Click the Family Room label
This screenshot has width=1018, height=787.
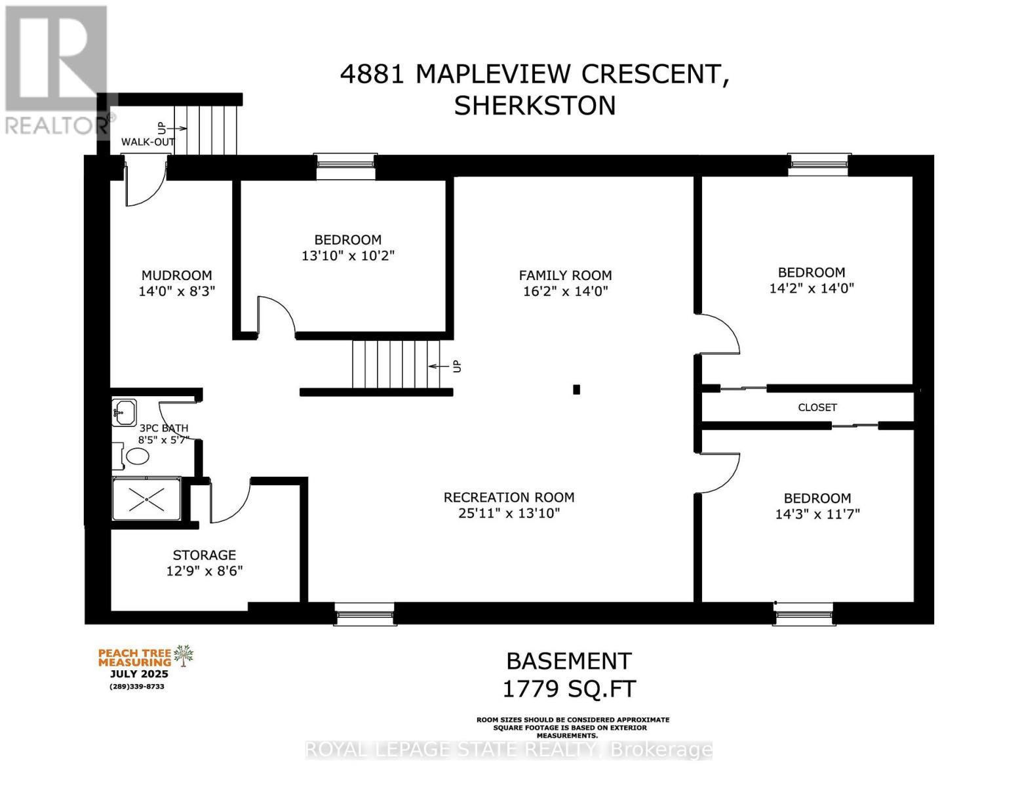coord(565,275)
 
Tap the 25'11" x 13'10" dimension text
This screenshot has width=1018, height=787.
coord(509,514)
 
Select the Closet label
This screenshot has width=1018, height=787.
coord(817,407)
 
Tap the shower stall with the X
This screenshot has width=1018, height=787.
coord(146,499)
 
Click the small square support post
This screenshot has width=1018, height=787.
coord(576,390)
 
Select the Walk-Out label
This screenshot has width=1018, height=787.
coord(147,142)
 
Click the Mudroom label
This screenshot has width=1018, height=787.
coord(176,275)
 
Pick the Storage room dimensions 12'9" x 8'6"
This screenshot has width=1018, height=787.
coord(204,571)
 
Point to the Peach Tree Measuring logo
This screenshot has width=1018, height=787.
coord(145,662)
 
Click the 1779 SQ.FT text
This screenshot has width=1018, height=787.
coord(568,689)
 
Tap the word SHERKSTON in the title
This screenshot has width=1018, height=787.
coord(534,106)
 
